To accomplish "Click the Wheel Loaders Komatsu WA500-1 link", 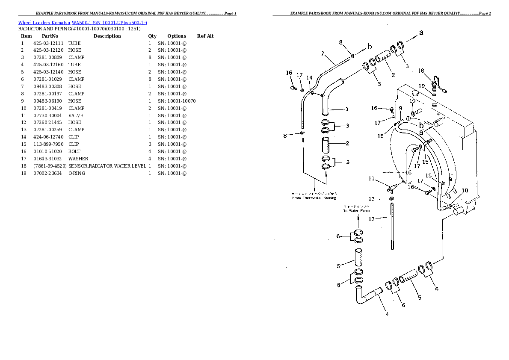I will coord(83,22).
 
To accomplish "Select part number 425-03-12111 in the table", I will coord(48,43).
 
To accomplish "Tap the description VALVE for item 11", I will coord(76,115).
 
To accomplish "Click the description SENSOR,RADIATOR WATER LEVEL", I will coord(107,166).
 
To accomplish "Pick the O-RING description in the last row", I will coord(77,173).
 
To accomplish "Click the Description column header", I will coord(107,36).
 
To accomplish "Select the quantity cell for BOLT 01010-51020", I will coord(150,151).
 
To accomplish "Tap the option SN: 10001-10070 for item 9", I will coord(177,101).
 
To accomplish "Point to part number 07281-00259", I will coord(48,130).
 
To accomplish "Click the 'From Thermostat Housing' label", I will coord(314,198).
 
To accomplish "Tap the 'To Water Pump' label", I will coord(356,210).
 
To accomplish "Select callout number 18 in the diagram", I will coord(421,71).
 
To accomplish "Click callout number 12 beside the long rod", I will coord(371,219).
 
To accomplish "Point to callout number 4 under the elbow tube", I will coord(387,314).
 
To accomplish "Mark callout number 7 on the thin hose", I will coord(323,53).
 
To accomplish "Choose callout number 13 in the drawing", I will coord(372,199).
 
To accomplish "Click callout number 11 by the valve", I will coord(372,178).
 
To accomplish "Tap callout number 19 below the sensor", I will coord(421,86).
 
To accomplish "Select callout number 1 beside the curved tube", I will coord(346,109).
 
